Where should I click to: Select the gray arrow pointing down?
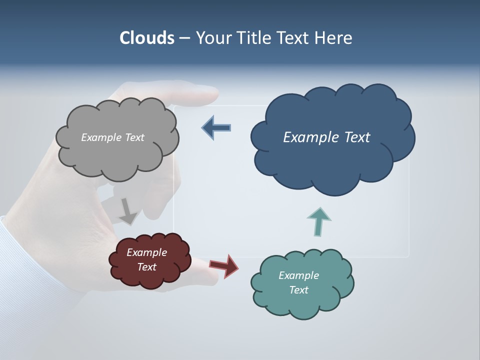point(127,211)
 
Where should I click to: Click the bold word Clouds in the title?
point(146,38)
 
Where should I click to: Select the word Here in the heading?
point(334,38)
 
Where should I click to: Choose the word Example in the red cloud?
point(146,252)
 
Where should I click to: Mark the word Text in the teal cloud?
point(298,290)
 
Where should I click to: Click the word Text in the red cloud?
point(146,267)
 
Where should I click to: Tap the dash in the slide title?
point(184,38)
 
